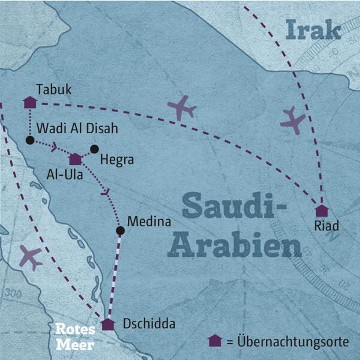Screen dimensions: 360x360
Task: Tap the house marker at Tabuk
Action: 29,102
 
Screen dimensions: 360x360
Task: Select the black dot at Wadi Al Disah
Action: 29,140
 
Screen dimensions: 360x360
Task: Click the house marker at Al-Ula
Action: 75,159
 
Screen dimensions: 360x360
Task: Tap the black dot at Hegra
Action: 94,148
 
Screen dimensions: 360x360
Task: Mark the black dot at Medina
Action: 120,230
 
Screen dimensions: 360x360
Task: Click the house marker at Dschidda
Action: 108,325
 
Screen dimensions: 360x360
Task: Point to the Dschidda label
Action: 149,325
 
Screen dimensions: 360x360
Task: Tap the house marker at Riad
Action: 322,211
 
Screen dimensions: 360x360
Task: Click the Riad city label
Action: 326,226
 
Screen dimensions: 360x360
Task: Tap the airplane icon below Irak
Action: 293,120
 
